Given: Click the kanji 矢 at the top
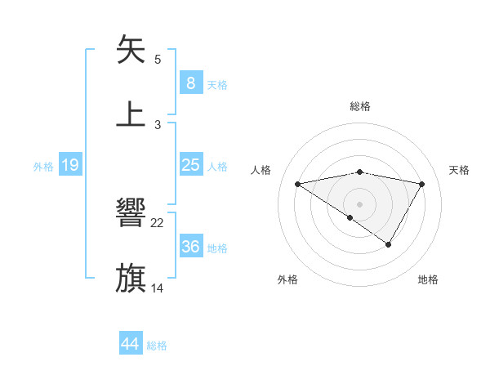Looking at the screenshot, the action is tap(131, 49).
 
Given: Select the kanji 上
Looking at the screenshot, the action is tap(131, 114).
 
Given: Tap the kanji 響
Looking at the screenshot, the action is tap(131, 214).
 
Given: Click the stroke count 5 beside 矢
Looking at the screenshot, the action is tap(158, 59).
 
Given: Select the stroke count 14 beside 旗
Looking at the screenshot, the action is tap(158, 288).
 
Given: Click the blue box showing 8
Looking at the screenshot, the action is tap(190, 83).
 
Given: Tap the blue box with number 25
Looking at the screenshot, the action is tap(190, 165).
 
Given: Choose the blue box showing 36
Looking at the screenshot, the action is tap(190, 247).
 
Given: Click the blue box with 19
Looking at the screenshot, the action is tap(70, 165).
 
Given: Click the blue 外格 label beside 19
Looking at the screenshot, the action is tap(43, 167).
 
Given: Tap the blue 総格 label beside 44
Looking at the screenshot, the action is tap(157, 346).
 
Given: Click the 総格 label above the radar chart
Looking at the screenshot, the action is tap(360, 106).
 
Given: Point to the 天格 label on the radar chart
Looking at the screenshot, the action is tap(460, 170).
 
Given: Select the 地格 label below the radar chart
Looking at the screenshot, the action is tap(428, 279).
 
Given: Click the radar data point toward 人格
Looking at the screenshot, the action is tap(298, 184).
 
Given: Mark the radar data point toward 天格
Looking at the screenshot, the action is tap(422, 184).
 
